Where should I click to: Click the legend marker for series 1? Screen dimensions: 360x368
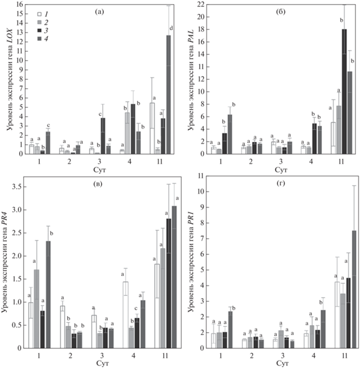tap(40, 14)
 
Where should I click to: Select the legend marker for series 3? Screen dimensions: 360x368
tap(40, 31)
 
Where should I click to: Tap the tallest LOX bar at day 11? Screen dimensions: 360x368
tap(168, 95)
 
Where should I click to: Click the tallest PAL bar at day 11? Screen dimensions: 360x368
tap(344, 92)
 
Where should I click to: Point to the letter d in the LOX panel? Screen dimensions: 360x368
tap(171, 28)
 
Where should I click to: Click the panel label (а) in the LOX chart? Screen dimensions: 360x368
tap(99, 12)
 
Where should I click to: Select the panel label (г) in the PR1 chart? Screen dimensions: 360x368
tap(281, 183)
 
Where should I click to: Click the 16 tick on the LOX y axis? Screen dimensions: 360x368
tap(20, 4)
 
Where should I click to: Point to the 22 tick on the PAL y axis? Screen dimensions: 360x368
tap(201, 5)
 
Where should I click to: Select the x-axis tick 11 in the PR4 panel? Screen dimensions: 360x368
tap(165, 356)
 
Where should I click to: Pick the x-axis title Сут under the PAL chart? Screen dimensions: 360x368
tap(281, 170)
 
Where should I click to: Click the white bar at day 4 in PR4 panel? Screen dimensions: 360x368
tap(126, 315)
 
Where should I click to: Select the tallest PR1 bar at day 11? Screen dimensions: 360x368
tap(354, 290)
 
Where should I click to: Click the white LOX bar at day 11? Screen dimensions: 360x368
tap(152, 129)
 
